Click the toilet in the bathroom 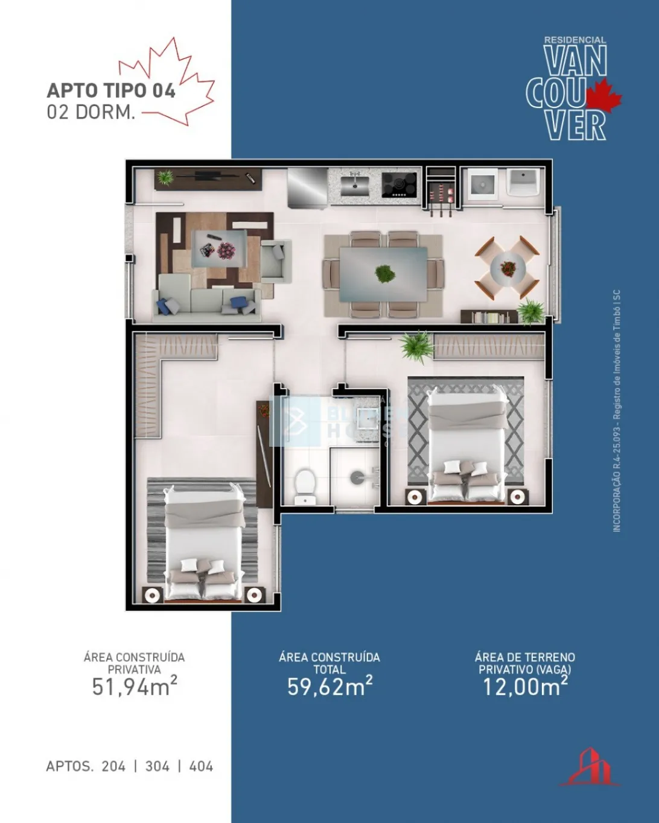pyautogui.click(x=304, y=485)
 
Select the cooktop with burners pyautogui.click(x=400, y=184)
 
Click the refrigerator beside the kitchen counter pyautogui.click(x=307, y=186)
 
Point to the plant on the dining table pyautogui.click(x=384, y=274)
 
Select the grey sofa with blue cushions pyautogui.click(x=206, y=301)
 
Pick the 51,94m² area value pyautogui.click(x=134, y=686)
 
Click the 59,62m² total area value pyautogui.click(x=329, y=686)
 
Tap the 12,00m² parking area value pyautogui.click(x=524, y=686)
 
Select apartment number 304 pyautogui.click(x=157, y=766)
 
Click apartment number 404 pyautogui.click(x=201, y=766)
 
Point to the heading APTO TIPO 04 pyautogui.click(x=111, y=90)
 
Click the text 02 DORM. pyautogui.click(x=91, y=112)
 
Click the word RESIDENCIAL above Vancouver pyautogui.click(x=575, y=40)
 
